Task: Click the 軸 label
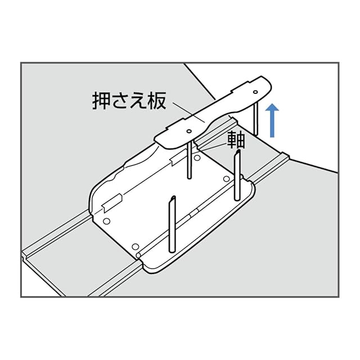236,140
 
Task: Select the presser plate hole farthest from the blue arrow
188,131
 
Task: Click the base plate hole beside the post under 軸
226,179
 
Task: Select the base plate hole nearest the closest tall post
134,246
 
